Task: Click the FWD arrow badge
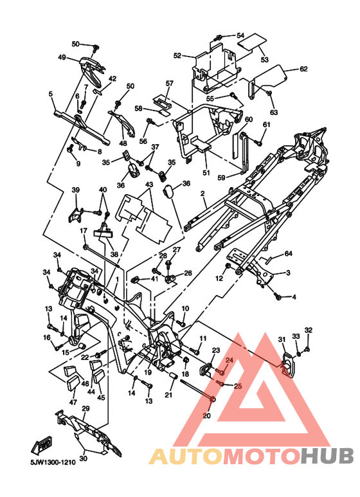42,446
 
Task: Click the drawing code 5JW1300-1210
53,462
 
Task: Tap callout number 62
303,69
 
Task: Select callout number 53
265,59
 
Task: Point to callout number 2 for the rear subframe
203,194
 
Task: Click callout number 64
289,253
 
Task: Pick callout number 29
85,408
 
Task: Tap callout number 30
83,458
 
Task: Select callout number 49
62,57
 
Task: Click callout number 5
50,94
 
